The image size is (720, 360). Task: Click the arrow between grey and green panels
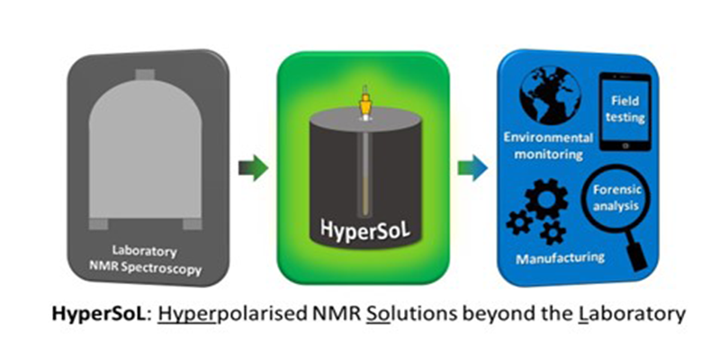pyautogui.click(x=254, y=168)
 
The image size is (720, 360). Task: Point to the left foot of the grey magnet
pyautogui.click(x=99, y=221)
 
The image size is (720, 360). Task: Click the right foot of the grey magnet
pyautogui.click(x=191, y=221)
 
